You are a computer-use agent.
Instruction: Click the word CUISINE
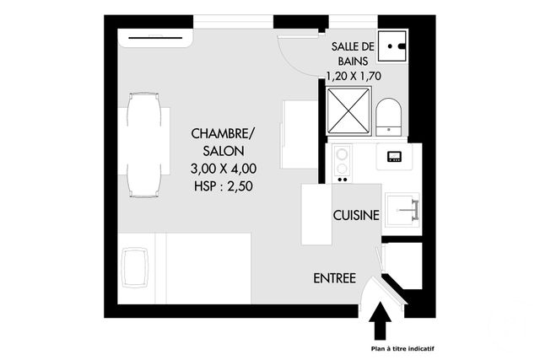click(356, 215)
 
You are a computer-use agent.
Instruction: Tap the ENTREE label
click(334, 278)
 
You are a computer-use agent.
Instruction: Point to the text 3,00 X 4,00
click(222, 169)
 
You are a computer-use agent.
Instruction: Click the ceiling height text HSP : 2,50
click(222, 186)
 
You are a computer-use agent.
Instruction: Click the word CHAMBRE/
click(222, 134)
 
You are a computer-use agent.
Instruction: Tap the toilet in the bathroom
click(388, 116)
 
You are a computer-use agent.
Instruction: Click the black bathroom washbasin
click(392, 46)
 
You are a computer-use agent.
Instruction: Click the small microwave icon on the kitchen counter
click(394, 155)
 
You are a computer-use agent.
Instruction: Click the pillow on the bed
click(134, 268)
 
